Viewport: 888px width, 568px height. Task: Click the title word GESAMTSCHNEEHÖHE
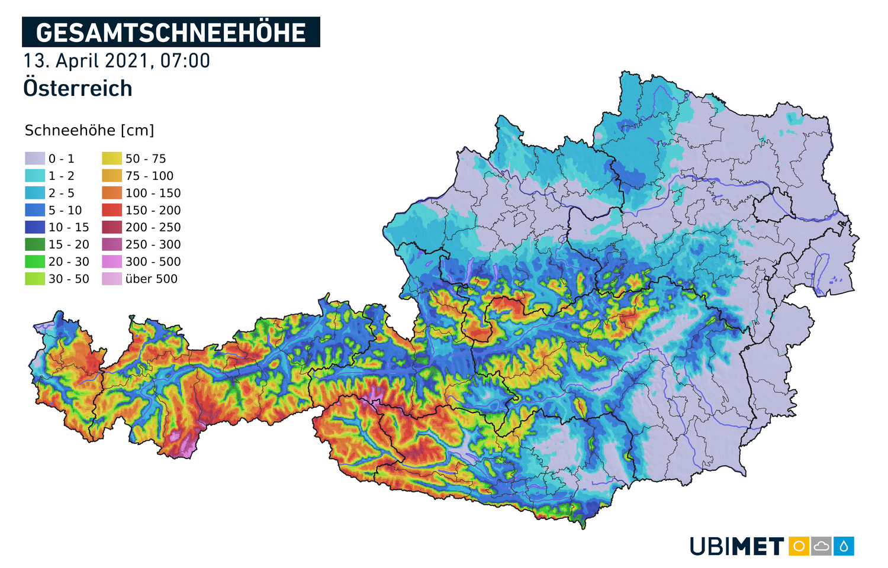coord(170,33)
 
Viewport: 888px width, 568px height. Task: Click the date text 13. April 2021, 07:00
coord(117,61)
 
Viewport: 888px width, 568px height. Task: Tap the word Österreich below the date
coord(78,88)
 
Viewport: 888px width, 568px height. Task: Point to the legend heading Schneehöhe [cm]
coord(89,130)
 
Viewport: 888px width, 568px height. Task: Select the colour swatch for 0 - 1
coord(35,159)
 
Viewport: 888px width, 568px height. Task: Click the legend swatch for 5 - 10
coord(35,210)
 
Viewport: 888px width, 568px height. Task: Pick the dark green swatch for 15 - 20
coord(35,244)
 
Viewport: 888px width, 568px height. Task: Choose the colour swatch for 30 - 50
coord(35,279)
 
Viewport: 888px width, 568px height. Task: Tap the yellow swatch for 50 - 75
coord(112,159)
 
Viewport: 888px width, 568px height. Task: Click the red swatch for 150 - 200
coord(112,210)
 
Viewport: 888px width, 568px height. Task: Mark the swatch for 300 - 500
coord(112,262)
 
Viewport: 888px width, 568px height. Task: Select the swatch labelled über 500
coord(112,279)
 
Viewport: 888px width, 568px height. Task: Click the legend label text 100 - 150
coord(153,193)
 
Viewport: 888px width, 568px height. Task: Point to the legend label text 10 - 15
coord(69,227)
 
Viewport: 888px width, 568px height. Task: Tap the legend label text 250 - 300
coord(153,244)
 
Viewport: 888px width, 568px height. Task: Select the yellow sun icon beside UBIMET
coord(799,546)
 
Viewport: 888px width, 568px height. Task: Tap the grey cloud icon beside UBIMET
coord(821,546)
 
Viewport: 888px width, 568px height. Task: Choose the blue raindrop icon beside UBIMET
coord(844,546)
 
